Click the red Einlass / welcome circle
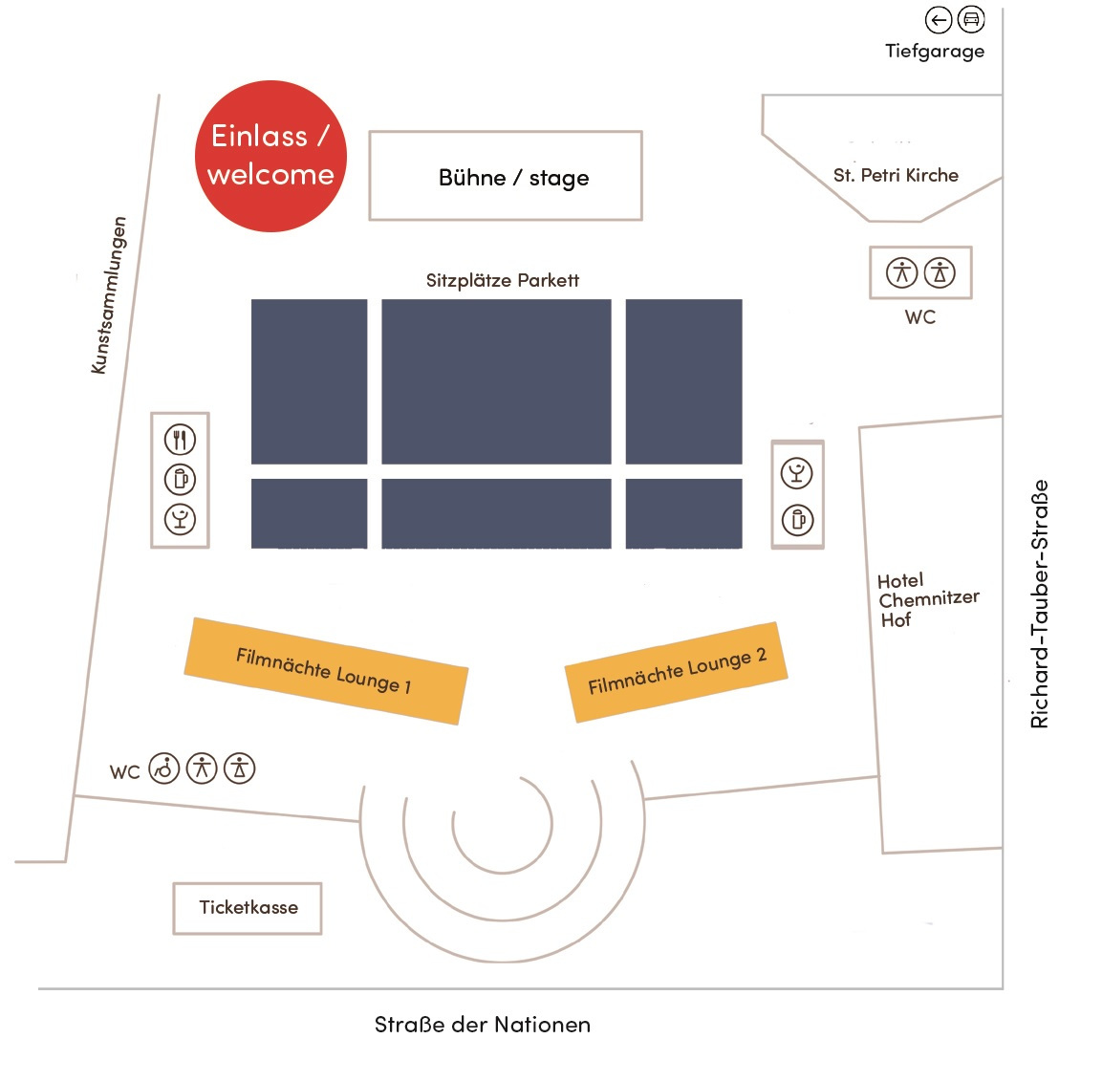270,156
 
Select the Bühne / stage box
506,177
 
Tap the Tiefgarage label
934,52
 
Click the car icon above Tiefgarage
971,19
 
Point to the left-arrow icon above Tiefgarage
939,19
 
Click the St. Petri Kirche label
896,175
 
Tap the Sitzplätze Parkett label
502,280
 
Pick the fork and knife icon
180,440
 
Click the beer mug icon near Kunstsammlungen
180,479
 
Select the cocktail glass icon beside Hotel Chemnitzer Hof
797,472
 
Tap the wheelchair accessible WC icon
165,768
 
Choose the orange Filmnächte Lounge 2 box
677,672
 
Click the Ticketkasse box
248,908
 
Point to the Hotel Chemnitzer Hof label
926,599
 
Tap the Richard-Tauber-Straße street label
1039,604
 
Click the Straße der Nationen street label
482,1025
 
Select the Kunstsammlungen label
109,294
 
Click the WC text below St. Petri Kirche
920,317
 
